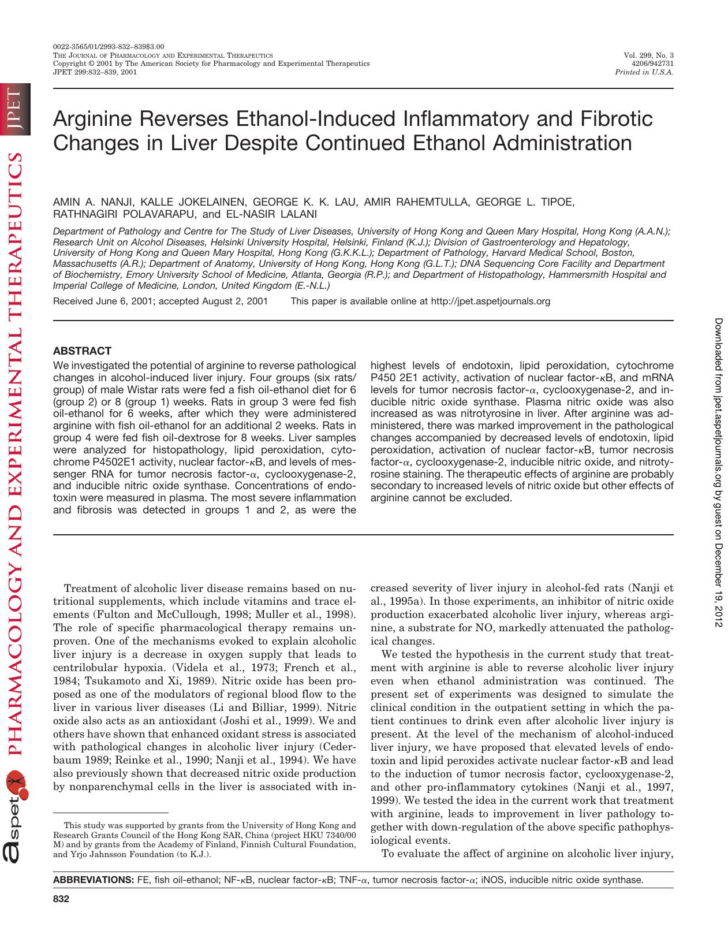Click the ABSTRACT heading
coord(82,351)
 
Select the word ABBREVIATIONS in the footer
coord(93,880)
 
